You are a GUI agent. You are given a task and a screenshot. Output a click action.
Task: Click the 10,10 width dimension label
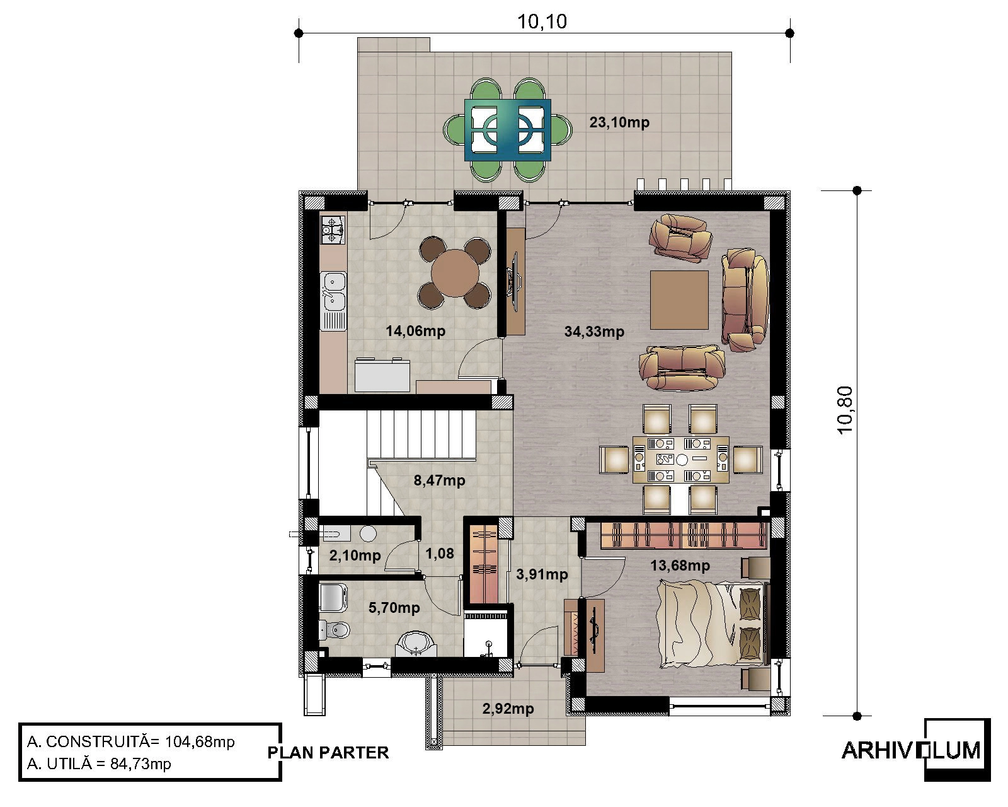542,22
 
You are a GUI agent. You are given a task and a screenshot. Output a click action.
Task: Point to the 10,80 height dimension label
845,410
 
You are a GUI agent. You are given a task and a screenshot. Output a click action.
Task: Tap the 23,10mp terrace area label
619,122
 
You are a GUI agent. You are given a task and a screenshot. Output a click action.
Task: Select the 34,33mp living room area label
594,332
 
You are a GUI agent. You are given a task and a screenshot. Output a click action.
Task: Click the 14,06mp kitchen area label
415,331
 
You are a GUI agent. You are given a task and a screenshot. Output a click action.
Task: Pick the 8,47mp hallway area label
439,480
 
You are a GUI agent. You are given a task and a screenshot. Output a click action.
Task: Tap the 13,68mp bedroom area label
680,566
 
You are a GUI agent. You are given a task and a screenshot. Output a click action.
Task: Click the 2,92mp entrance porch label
508,709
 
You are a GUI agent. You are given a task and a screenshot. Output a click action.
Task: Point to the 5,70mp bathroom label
394,608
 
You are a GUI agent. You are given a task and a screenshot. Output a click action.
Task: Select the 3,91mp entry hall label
542,574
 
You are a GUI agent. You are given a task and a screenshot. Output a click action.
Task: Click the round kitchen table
455,273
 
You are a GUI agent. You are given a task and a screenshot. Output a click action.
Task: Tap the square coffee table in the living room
679,300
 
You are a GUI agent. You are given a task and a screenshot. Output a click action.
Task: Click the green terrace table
508,130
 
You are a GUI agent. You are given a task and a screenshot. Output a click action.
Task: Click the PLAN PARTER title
328,753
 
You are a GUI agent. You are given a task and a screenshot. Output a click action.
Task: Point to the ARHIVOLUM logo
916,751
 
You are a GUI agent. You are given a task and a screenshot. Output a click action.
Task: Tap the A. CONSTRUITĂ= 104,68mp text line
130,742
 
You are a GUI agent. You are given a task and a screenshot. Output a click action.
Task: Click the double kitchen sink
333,292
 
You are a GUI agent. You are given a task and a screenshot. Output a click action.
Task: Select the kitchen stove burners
333,229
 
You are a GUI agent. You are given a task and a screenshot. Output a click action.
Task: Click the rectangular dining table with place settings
680,460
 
